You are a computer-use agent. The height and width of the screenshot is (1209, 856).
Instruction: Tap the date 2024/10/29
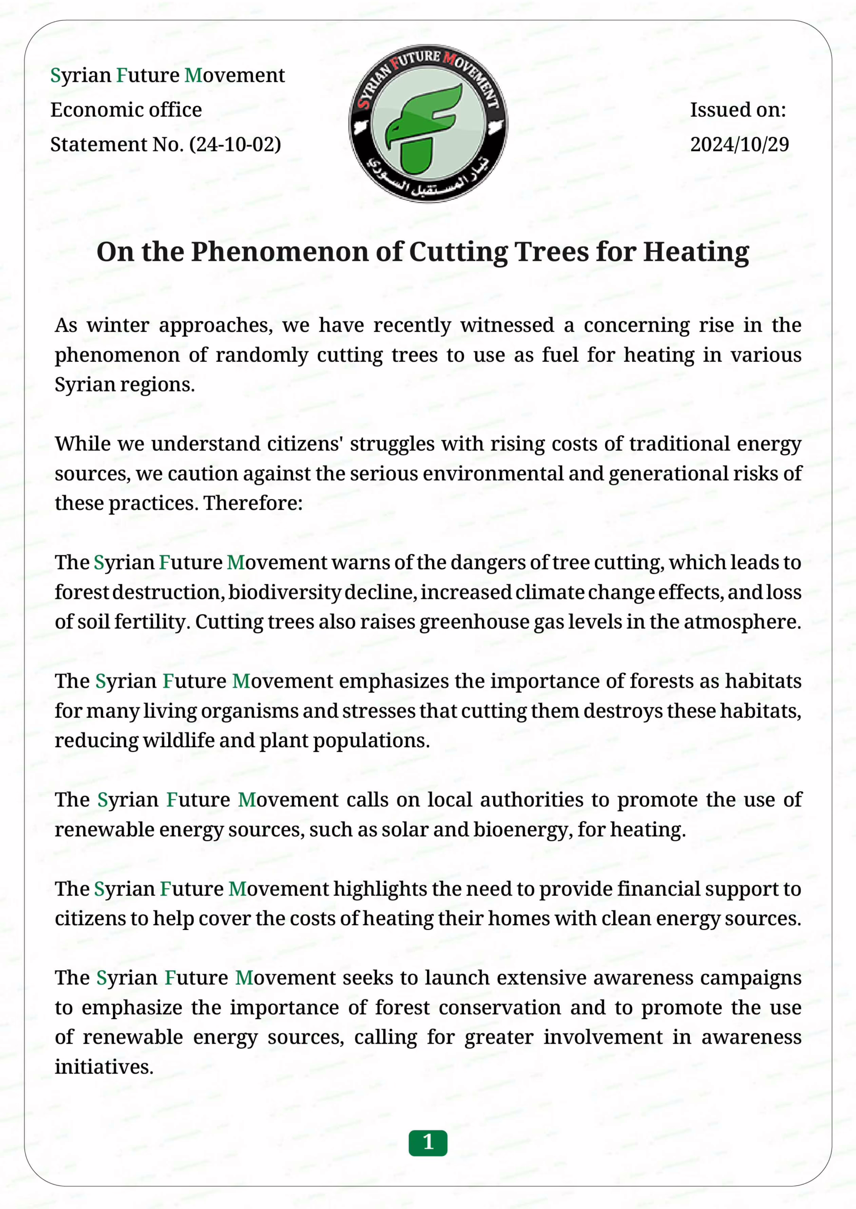(x=739, y=145)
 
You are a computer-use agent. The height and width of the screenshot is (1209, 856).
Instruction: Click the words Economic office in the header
(x=126, y=110)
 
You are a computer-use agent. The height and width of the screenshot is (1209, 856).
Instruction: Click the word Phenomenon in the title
(x=280, y=252)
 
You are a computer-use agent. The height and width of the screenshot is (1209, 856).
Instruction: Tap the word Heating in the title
(x=696, y=252)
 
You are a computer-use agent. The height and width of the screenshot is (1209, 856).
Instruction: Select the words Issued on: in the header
(x=737, y=110)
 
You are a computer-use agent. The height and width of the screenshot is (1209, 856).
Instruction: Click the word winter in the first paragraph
(x=118, y=325)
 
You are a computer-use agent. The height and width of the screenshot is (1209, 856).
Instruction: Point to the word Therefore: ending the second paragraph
(x=253, y=503)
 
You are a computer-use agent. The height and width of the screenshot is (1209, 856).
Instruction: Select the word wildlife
(x=178, y=740)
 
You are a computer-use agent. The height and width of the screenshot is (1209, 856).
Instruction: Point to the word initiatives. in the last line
(x=104, y=1067)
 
